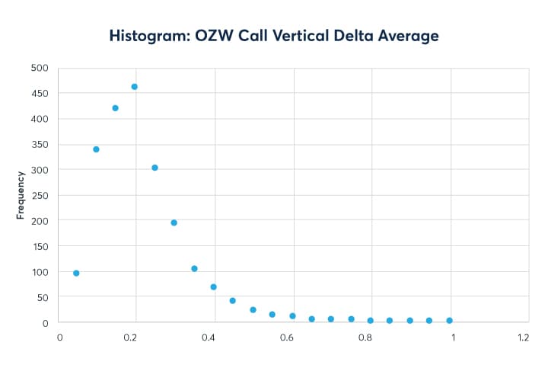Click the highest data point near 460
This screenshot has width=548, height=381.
pyautogui.click(x=135, y=87)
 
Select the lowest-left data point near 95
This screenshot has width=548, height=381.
pyautogui.click(x=76, y=273)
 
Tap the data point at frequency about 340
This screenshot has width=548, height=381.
pyautogui.click(x=96, y=149)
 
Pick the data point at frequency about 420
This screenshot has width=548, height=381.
pyautogui.click(x=116, y=108)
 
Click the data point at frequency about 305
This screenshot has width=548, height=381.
pyautogui.click(x=155, y=168)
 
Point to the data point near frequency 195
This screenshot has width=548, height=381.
pyautogui.click(x=174, y=223)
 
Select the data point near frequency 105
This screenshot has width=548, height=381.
pyautogui.click(x=194, y=268)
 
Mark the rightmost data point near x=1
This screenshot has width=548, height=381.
pyautogui.click(x=449, y=321)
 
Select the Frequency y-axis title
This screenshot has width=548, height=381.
pyautogui.click(x=21, y=195)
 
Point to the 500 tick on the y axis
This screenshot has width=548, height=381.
pyautogui.click(x=40, y=68)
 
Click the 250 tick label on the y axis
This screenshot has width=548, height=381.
pyautogui.click(x=40, y=195)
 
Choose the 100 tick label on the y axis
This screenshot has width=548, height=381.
pyautogui.click(x=40, y=272)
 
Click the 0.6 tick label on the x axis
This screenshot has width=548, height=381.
pyautogui.click(x=288, y=337)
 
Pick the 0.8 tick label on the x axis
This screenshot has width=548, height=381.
pyautogui.click(x=366, y=337)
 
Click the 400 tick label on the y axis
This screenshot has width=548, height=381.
pyautogui.click(x=40, y=119)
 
